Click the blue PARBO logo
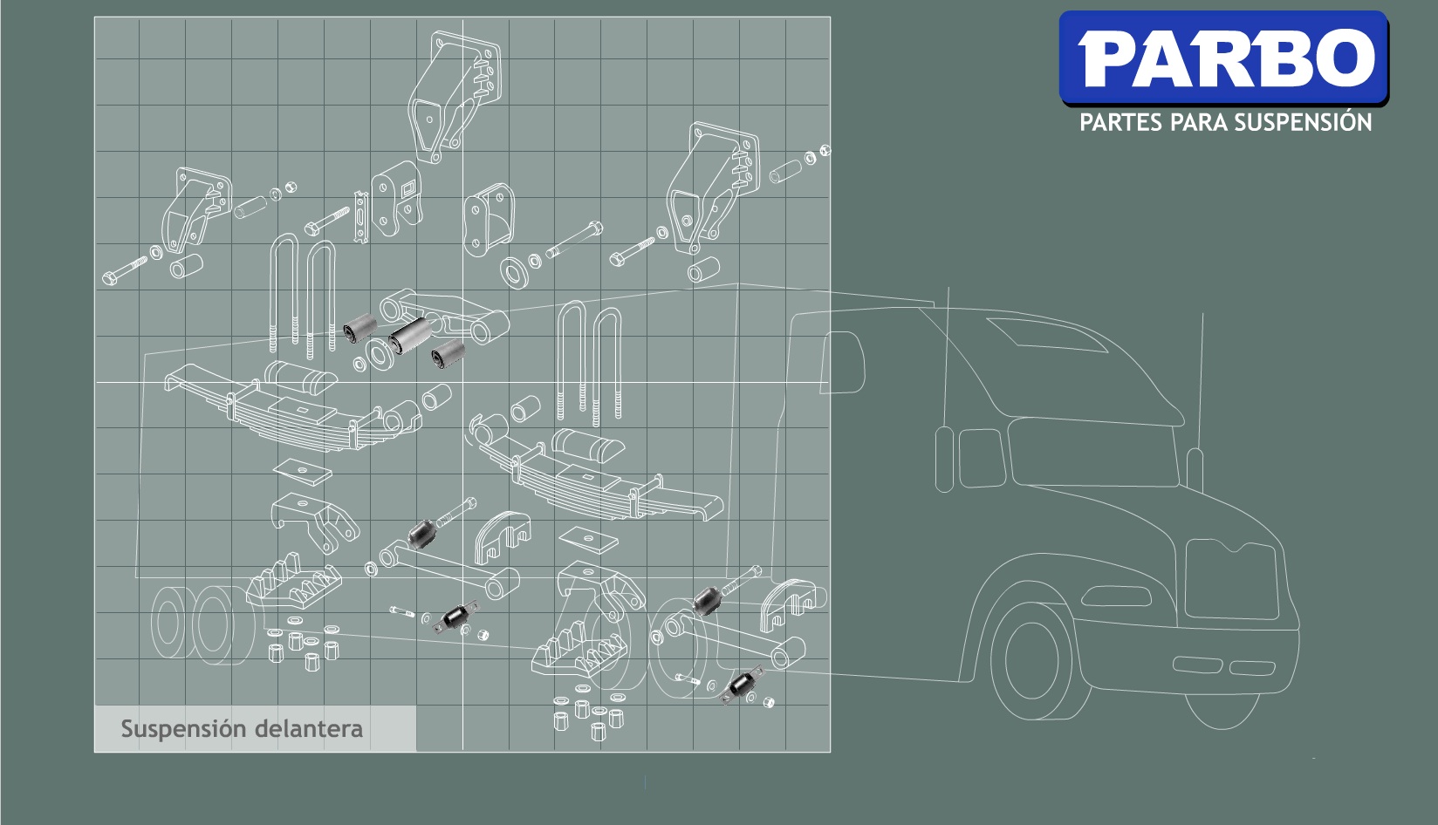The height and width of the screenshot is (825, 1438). click(x=1223, y=58)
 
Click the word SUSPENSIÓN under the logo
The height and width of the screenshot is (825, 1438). click(x=1303, y=122)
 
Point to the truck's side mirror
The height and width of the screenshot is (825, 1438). click(x=944, y=460)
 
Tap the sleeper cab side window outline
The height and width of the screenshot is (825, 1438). click(x=843, y=363)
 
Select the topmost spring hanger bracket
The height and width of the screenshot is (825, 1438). click(x=455, y=96)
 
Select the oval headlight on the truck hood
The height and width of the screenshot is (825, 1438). click(x=1116, y=596)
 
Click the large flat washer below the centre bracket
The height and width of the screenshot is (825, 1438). click(x=514, y=272)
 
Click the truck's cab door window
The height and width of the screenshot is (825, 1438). click(x=982, y=457)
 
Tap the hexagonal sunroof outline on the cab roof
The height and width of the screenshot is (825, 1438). click(x=1047, y=334)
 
